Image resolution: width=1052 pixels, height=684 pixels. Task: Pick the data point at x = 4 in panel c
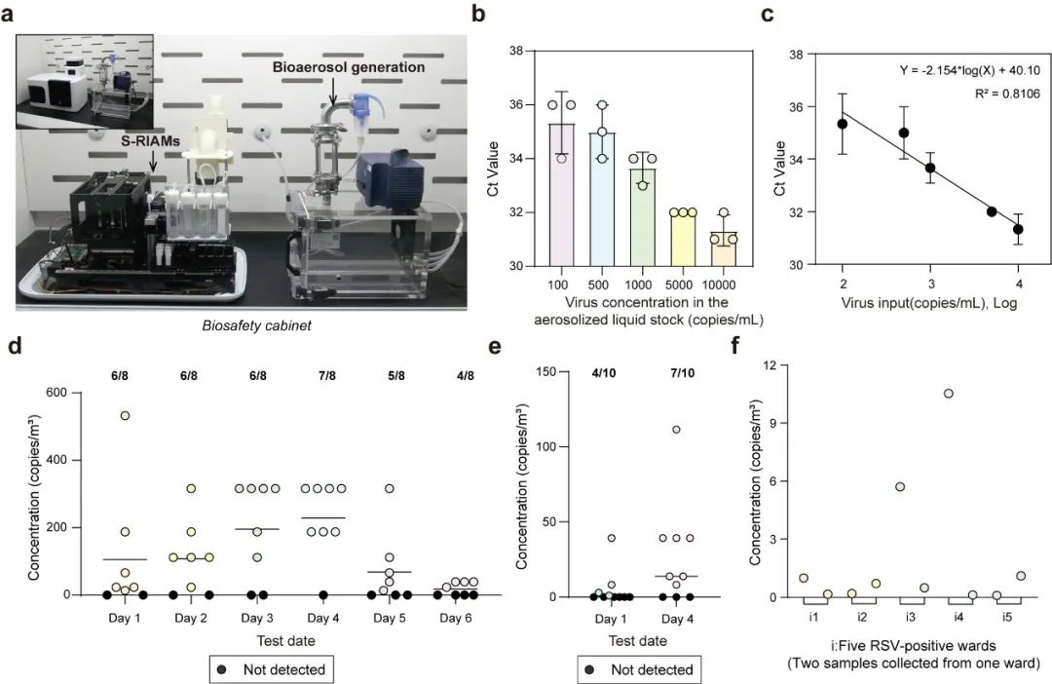point(1018,229)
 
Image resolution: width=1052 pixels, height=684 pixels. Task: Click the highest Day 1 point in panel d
point(124,416)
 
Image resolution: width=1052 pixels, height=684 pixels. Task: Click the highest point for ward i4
point(948,394)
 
